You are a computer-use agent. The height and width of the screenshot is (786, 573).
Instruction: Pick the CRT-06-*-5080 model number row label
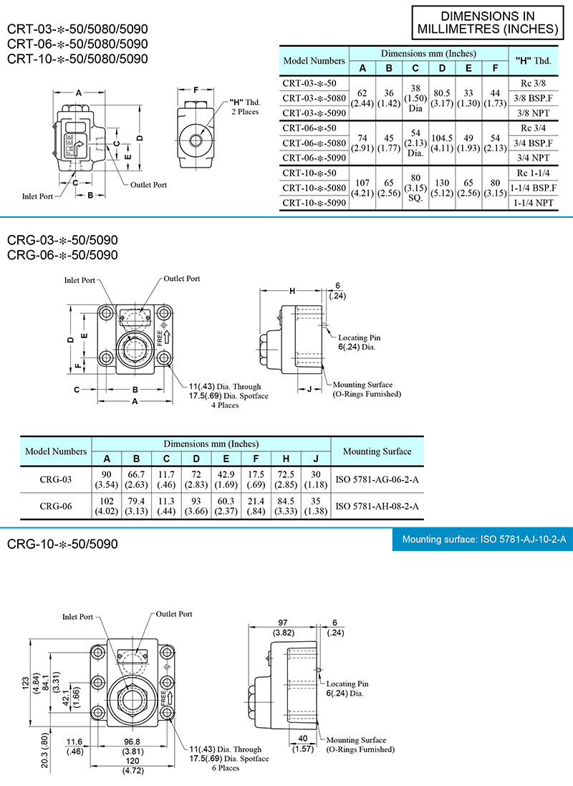[x=314, y=143]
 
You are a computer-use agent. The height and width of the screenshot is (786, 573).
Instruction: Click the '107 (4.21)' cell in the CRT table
[x=362, y=188]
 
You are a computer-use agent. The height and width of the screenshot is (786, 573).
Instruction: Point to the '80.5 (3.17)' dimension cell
[x=443, y=97]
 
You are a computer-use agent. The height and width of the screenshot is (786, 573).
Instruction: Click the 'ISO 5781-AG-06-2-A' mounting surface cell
[x=377, y=478]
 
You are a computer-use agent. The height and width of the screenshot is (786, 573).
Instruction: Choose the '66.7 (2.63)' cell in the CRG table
[x=136, y=478]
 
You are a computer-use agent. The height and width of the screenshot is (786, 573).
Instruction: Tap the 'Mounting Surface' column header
[x=377, y=451]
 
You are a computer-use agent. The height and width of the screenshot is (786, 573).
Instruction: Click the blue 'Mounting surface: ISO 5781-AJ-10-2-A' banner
[x=484, y=540]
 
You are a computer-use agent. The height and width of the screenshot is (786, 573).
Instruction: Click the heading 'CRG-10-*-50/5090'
[x=62, y=545]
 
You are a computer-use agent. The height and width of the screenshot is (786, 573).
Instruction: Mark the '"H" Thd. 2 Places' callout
[x=245, y=107]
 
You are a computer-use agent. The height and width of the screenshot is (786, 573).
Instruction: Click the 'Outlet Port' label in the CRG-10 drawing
[x=174, y=614]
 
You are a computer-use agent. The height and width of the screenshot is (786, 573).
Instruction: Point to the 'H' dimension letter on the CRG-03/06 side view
[x=292, y=291]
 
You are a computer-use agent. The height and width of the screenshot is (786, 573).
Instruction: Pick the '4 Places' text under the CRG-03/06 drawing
[x=225, y=405]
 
